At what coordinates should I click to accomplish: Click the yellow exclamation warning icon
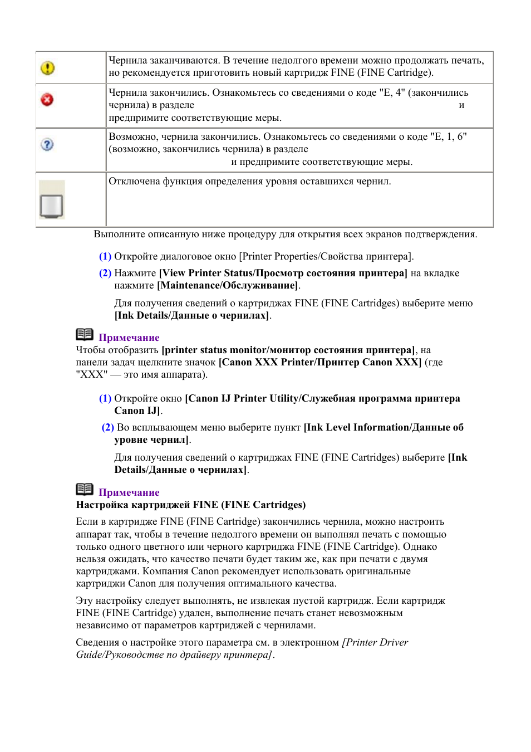48,68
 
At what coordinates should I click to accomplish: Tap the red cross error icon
47,100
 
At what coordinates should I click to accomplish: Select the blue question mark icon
47,144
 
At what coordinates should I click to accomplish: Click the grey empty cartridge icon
52,205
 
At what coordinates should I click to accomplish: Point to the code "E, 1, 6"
449,136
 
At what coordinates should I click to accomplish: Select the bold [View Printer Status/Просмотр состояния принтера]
283,273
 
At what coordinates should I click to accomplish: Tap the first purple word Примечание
129,338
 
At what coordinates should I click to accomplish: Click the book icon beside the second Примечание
85,489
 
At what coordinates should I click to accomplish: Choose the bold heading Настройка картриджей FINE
190,505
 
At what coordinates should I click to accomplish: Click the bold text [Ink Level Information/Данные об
383,427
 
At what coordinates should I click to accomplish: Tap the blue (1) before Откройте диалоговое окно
105,256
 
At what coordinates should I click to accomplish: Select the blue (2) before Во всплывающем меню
107,427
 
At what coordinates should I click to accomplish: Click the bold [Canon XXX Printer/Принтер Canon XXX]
319,362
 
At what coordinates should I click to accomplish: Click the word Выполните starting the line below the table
119,234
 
